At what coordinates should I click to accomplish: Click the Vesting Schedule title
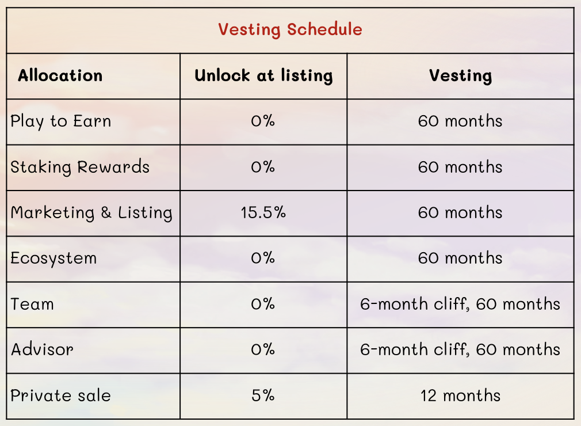click(x=290, y=30)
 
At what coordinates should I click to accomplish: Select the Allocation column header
click(x=60, y=75)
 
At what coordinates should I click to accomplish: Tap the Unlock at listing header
click(x=263, y=76)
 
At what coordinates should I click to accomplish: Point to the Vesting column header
click(x=460, y=76)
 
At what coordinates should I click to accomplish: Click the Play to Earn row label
click(x=61, y=121)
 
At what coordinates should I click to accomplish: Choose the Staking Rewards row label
click(x=79, y=167)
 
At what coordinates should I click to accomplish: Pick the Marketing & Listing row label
click(x=91, y=213)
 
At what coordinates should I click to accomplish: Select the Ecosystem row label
click(x=53, y=258)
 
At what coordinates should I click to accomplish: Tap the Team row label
click(x=32, y=304)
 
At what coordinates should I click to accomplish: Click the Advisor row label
click(x=42, y=349)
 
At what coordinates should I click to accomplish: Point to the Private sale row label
click(x=60, y=395)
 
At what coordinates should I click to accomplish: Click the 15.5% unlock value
click(x=263, y=212)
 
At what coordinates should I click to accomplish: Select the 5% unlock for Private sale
click(x=263, y=395)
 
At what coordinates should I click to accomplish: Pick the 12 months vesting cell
click(x=460, y=395)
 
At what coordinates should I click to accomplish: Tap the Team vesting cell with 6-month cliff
click(x=460, y=304)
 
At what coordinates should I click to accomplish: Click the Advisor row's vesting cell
click(x=460, y=349)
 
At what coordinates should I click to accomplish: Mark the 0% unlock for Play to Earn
click(x=263, y=121)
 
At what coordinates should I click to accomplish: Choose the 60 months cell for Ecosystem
click(x=460, y=258)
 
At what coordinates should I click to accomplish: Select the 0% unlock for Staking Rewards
click(x=263, y=167)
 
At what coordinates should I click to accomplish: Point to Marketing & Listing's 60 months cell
click(x=460, y=212)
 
